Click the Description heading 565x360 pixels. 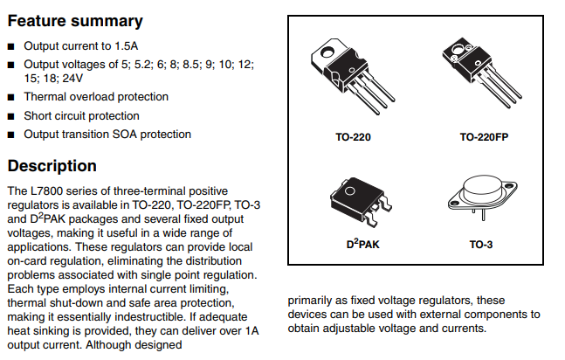click(52, 166)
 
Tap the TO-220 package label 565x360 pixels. click(354, 138)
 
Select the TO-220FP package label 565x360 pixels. click(486, 138)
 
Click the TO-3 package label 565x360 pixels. click(482, 246)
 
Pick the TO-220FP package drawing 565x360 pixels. click(482, 77)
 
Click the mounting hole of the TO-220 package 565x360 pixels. click(327, 52)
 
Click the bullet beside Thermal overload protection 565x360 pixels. click(10, 97)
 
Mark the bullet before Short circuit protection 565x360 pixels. click(10, 116)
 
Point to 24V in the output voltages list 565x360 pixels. click(74, 78)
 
